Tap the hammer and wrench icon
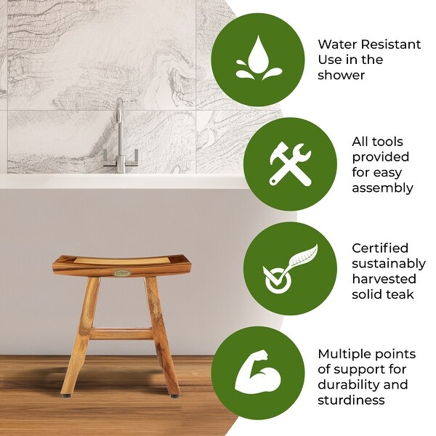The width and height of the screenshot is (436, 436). point(290,163)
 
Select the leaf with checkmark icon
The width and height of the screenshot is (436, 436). point(290,269)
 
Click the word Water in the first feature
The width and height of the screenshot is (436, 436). point(338,44)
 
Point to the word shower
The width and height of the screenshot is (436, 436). point(341,75)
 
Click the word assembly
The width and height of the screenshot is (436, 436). point(382,188)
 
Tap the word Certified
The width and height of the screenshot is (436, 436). point(380,248)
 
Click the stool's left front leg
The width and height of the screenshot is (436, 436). point(85,320)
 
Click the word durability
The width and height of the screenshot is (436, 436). point(352,384)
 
